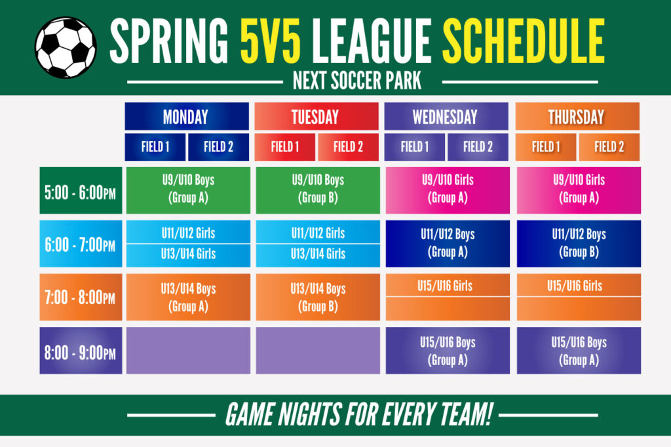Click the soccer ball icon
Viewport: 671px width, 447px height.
66,48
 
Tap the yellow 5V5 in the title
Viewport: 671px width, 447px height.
271,41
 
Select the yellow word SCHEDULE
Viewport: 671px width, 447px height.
523,41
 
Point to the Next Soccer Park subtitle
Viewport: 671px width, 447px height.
357,81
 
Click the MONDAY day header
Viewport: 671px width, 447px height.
187,116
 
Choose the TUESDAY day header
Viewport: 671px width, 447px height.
316,116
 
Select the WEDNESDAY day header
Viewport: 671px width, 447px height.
446,116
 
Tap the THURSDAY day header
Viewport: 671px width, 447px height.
577,116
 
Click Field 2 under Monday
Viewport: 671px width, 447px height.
219,147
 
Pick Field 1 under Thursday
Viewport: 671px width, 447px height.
546,147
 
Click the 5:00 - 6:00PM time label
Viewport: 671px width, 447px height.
81,191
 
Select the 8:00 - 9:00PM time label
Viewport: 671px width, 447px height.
81,351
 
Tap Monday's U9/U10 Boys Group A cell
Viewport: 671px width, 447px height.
188,191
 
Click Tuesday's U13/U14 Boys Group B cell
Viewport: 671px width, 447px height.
318,297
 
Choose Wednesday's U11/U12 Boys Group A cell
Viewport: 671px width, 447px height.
448,244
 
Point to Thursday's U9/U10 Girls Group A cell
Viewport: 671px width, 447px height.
579,191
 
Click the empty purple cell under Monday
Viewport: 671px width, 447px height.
188,351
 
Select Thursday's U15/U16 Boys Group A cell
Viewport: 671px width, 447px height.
579,351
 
